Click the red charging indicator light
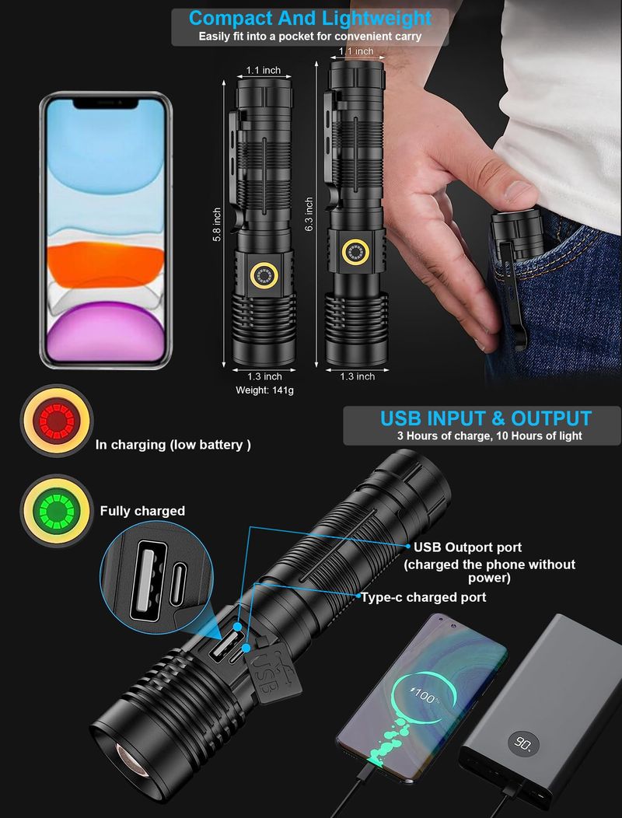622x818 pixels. (x=57, y=421)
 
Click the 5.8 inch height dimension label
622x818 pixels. (x=217, y=224)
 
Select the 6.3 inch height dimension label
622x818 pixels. (x=309, y=214)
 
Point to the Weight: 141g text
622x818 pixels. (x=264, y=390)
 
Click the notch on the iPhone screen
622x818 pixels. (x=106, y=103)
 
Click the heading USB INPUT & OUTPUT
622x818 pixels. (x=486, y=419)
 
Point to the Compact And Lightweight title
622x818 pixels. (x=310, y=18)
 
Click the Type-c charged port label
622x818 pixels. (x=424, y=597)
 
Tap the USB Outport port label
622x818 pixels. (x=467, y=547)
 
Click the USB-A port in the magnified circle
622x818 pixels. (x=149, y=581)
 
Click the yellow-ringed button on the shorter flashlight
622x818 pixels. (x=264, y=275)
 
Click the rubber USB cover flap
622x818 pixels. (x=274, y=671)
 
